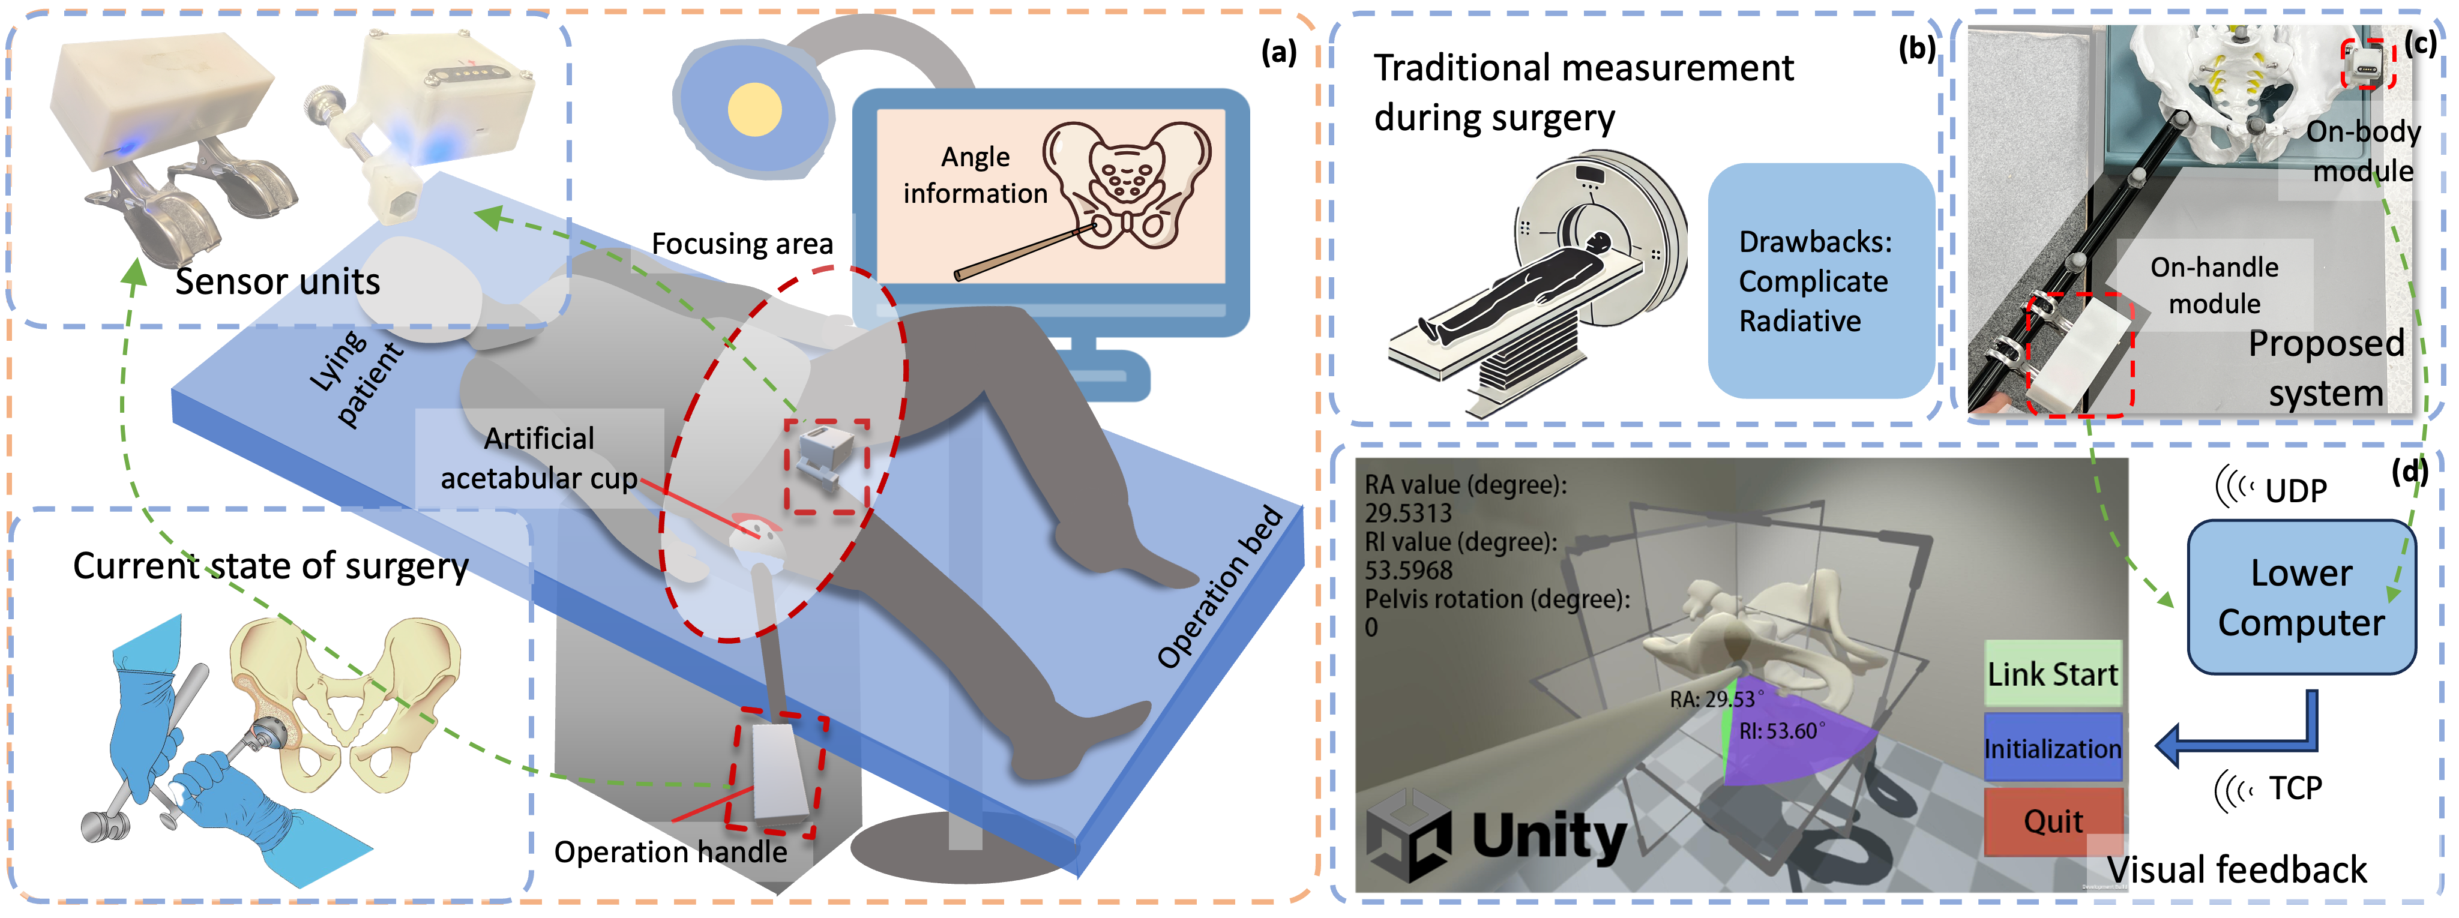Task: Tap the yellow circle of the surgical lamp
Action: click(x=755, y=110)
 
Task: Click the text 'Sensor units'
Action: click(x=278, y=281)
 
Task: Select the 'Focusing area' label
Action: click(x=742, y=244)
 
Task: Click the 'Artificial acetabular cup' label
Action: click(x=540, y=458)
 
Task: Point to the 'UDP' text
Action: click(x=2296, y=490)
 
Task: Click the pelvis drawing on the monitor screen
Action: click(x=1127, y=185)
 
